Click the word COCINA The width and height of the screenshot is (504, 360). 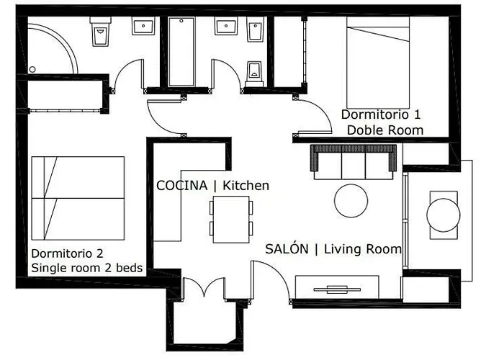[x=182, y=186]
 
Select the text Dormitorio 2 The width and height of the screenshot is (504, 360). [x=68, y=253]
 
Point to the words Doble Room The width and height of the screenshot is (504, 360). [x=384, y=130]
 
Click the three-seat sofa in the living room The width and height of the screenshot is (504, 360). [x=354, y=161]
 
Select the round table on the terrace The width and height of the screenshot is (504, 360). [x=443, y=214]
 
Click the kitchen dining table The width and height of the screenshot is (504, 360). [x=231, y=217]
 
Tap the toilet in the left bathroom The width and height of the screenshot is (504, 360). [x=100, y=31]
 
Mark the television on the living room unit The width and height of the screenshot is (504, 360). [x=336, y=289]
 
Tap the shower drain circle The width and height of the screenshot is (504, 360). [x=32, y=69]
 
